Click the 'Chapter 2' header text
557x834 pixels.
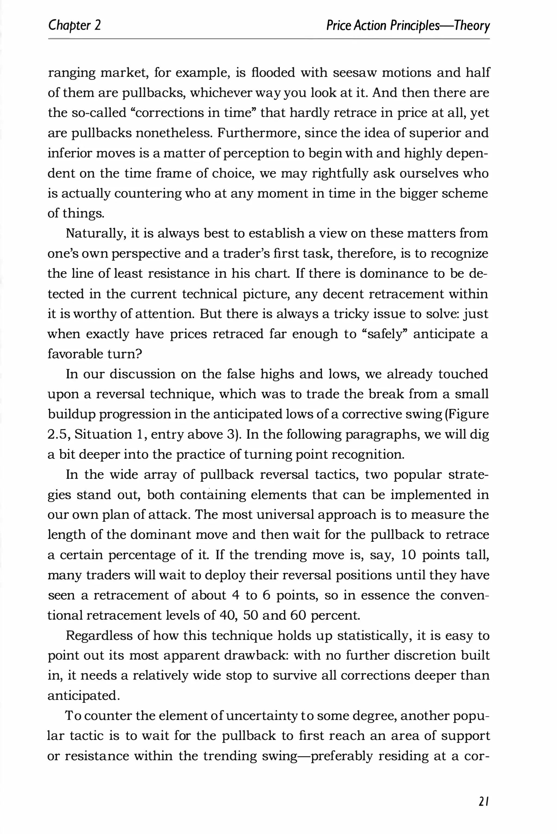(x=74, y=26)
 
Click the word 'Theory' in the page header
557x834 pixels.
(x=471, y=26)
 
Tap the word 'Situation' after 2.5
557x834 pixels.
(x=103, y=435)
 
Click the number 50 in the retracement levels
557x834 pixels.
(x=250, y=616)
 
